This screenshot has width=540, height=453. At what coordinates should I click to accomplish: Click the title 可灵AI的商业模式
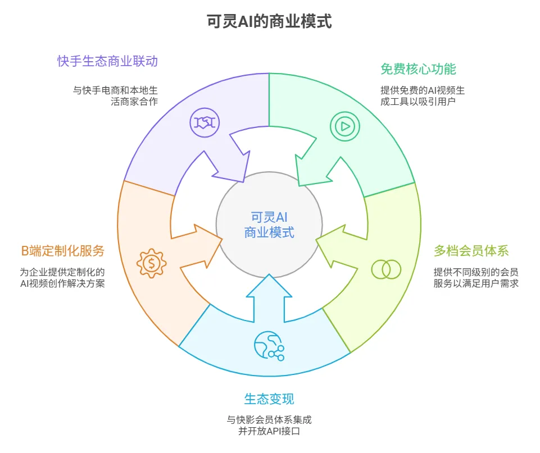[x=269, y=22]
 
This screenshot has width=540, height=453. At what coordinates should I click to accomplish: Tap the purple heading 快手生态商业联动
[x=107, y=61]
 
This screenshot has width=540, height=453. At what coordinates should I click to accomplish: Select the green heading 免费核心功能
[x=418, y=69]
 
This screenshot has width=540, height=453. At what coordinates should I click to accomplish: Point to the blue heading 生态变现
[x=269, y=399]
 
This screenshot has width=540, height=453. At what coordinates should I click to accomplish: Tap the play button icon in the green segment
[x=343, y=126]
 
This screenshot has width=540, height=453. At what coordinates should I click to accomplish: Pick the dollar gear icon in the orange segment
[x=151, y=262]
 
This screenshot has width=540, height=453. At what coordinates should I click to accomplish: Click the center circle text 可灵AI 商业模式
[x=269, y=225]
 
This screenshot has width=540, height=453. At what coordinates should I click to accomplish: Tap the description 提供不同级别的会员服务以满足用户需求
[x=475, y=277]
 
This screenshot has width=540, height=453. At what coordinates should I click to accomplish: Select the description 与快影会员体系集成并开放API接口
[x=269, y=425]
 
